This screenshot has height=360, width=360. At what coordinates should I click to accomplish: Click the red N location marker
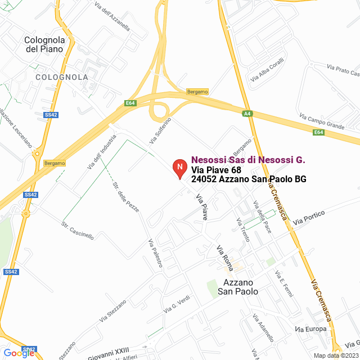[x=179, y=168]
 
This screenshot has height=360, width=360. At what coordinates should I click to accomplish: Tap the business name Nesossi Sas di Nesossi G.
[x=248, y=160]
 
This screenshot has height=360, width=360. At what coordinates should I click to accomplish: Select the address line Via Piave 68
[x=217, y=170]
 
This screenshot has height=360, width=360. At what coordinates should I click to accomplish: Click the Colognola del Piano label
[x=45, y=44]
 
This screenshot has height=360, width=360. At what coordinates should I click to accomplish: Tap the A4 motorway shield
[x=247, y=114]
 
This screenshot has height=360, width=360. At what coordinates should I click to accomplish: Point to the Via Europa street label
[x=310, y=328]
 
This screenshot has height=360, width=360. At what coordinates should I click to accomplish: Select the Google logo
[x=19, y=353]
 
